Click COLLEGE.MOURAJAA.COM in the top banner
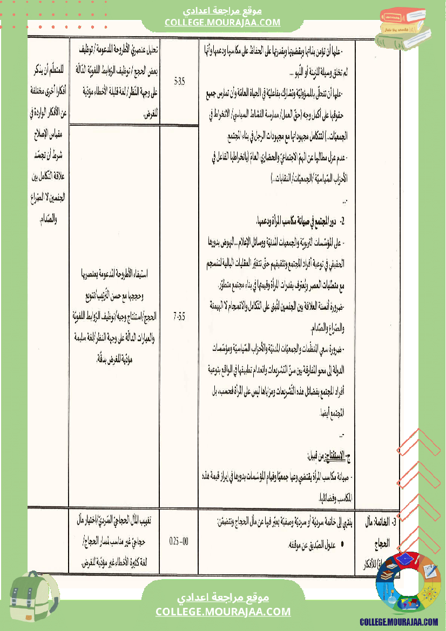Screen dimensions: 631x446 [222, 22]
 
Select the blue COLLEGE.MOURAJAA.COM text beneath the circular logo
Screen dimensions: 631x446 [398, 622]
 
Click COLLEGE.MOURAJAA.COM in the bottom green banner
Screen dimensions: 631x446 [222, 612]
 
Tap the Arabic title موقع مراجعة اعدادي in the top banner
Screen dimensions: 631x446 [222, 10]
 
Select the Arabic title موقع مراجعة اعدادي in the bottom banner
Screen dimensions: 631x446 [224, 598]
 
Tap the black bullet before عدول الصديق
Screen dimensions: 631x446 [343, 545]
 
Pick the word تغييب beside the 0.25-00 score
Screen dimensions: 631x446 [148, 521]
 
